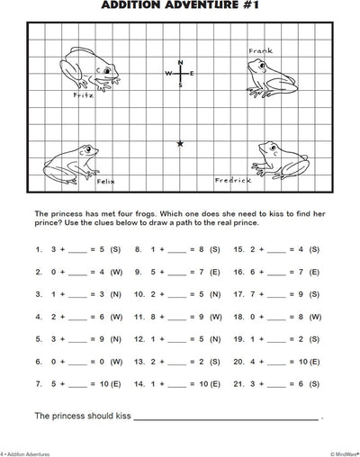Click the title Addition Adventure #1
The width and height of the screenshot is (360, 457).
pos(180,7)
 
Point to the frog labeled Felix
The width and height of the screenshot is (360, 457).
pos(71,162)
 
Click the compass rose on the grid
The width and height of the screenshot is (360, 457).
pos(180,73)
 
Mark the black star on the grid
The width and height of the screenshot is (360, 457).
pos(180,143)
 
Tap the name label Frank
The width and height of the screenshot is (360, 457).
pos(260,52)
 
